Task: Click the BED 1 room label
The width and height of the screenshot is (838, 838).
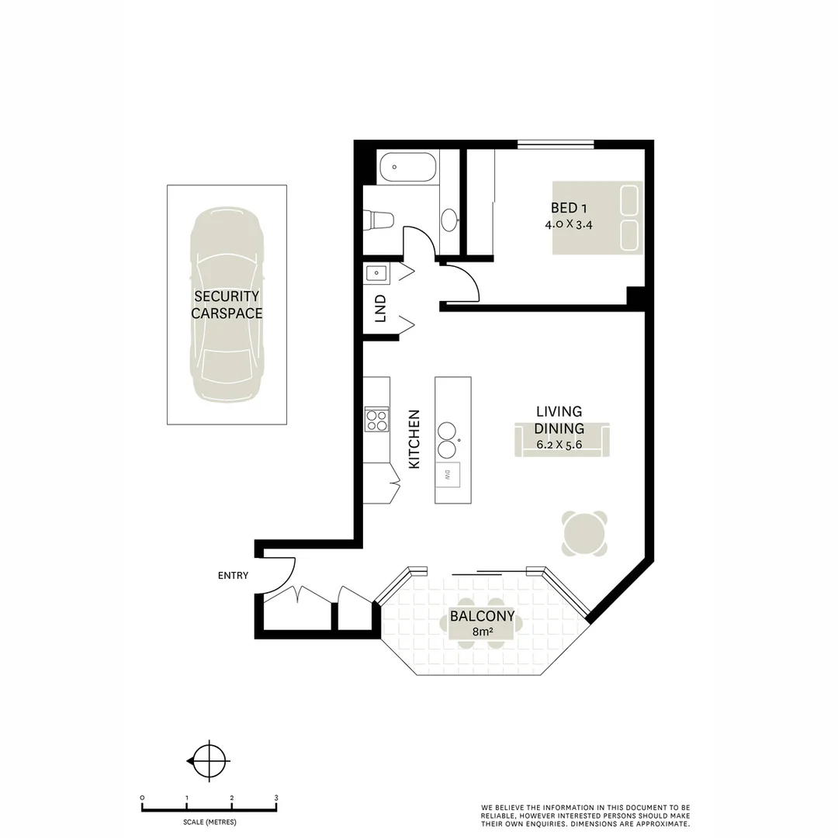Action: pyautogui.click(x=563, y=208)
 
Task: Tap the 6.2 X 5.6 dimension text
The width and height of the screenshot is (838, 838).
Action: pyautogui.click(x=559, y=445)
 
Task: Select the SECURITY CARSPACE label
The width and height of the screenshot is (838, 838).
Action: pyautogui.click(x=227, y=305)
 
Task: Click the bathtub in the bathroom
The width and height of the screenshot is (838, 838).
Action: pyautogui.click(x=407, y=167)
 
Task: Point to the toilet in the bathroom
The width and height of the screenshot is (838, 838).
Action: pyautogui.click(x=381, y=220)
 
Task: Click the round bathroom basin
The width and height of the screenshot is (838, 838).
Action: pyautogui.click(x=449, y=220)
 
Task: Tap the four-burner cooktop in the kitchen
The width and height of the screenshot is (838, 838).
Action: pyautogui.click(x=376, y=420)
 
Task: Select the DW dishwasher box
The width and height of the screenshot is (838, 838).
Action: pyautogui.click(x=448, y=476)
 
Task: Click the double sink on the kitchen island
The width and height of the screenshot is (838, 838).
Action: pyautogui.click(x=447, y=440)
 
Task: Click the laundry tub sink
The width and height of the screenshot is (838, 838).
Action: pyautogui.click(x=376, y=273)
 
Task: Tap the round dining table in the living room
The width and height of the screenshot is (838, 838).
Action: pyautogui.click(x=584, y=534)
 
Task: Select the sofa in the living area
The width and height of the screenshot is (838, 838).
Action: pyautogui.click(x=562, y=439)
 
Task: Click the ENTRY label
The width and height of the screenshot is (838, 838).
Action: pyautogui.click(x=233, y=576)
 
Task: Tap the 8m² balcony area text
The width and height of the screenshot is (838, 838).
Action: pyautogui.click(x=483, y=632)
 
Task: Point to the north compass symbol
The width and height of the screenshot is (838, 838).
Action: pyautogui.click(x=208, y=760)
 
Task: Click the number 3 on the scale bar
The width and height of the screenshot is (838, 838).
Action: pyautogui.click(x=276, y=797)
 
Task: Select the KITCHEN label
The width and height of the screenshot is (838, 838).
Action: pyautogui.click(x=414, y=439)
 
